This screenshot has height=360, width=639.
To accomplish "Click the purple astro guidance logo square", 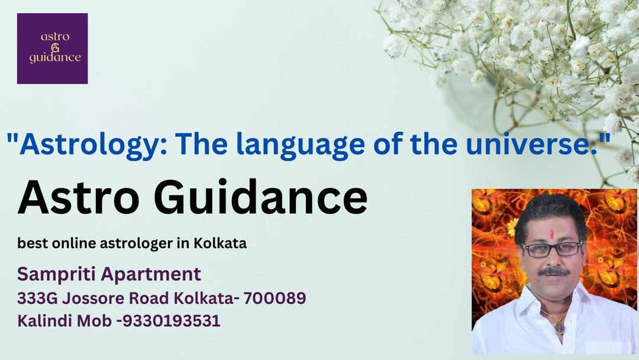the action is [52, 49].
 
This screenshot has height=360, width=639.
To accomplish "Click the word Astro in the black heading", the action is [78, 197].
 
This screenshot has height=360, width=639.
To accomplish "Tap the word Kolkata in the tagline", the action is [220, 243].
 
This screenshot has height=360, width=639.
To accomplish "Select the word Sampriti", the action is [55, 275].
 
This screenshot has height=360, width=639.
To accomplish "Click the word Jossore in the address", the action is [93, 298].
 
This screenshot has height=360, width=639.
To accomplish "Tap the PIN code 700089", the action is [275, 298].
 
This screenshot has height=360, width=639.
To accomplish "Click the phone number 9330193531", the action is [171, 321].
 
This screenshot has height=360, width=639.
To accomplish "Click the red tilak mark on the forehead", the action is [552, 234].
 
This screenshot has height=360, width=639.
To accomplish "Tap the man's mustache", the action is [554, 271].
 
